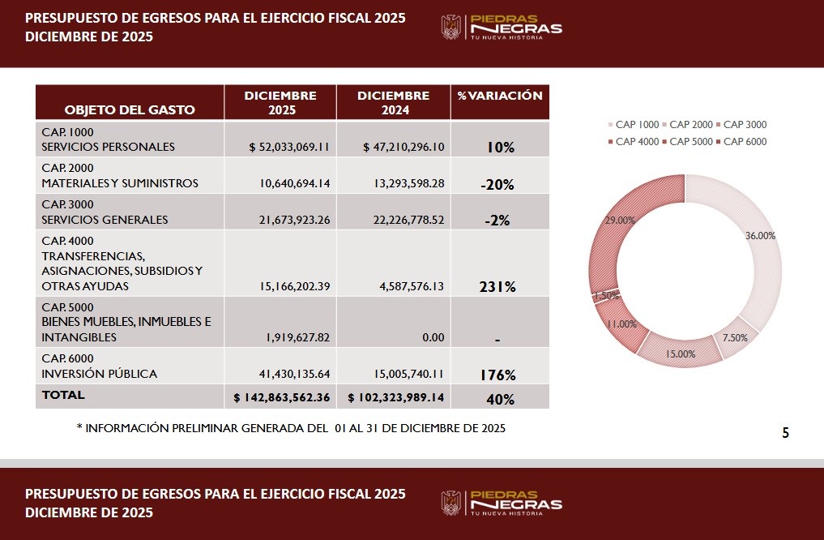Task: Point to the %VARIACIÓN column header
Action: coord(499,96)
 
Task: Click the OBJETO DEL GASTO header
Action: coord(130,109)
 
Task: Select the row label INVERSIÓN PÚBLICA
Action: coord(100,374)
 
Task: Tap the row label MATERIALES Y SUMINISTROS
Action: coord(120,183)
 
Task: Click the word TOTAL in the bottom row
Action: coord(63,395)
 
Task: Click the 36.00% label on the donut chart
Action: coord(760,236)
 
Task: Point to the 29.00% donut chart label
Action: coord(621,220)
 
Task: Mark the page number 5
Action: coord(785,433)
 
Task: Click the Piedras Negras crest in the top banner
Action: coord(450,28)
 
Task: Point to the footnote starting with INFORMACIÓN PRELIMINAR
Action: coord(291,428)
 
